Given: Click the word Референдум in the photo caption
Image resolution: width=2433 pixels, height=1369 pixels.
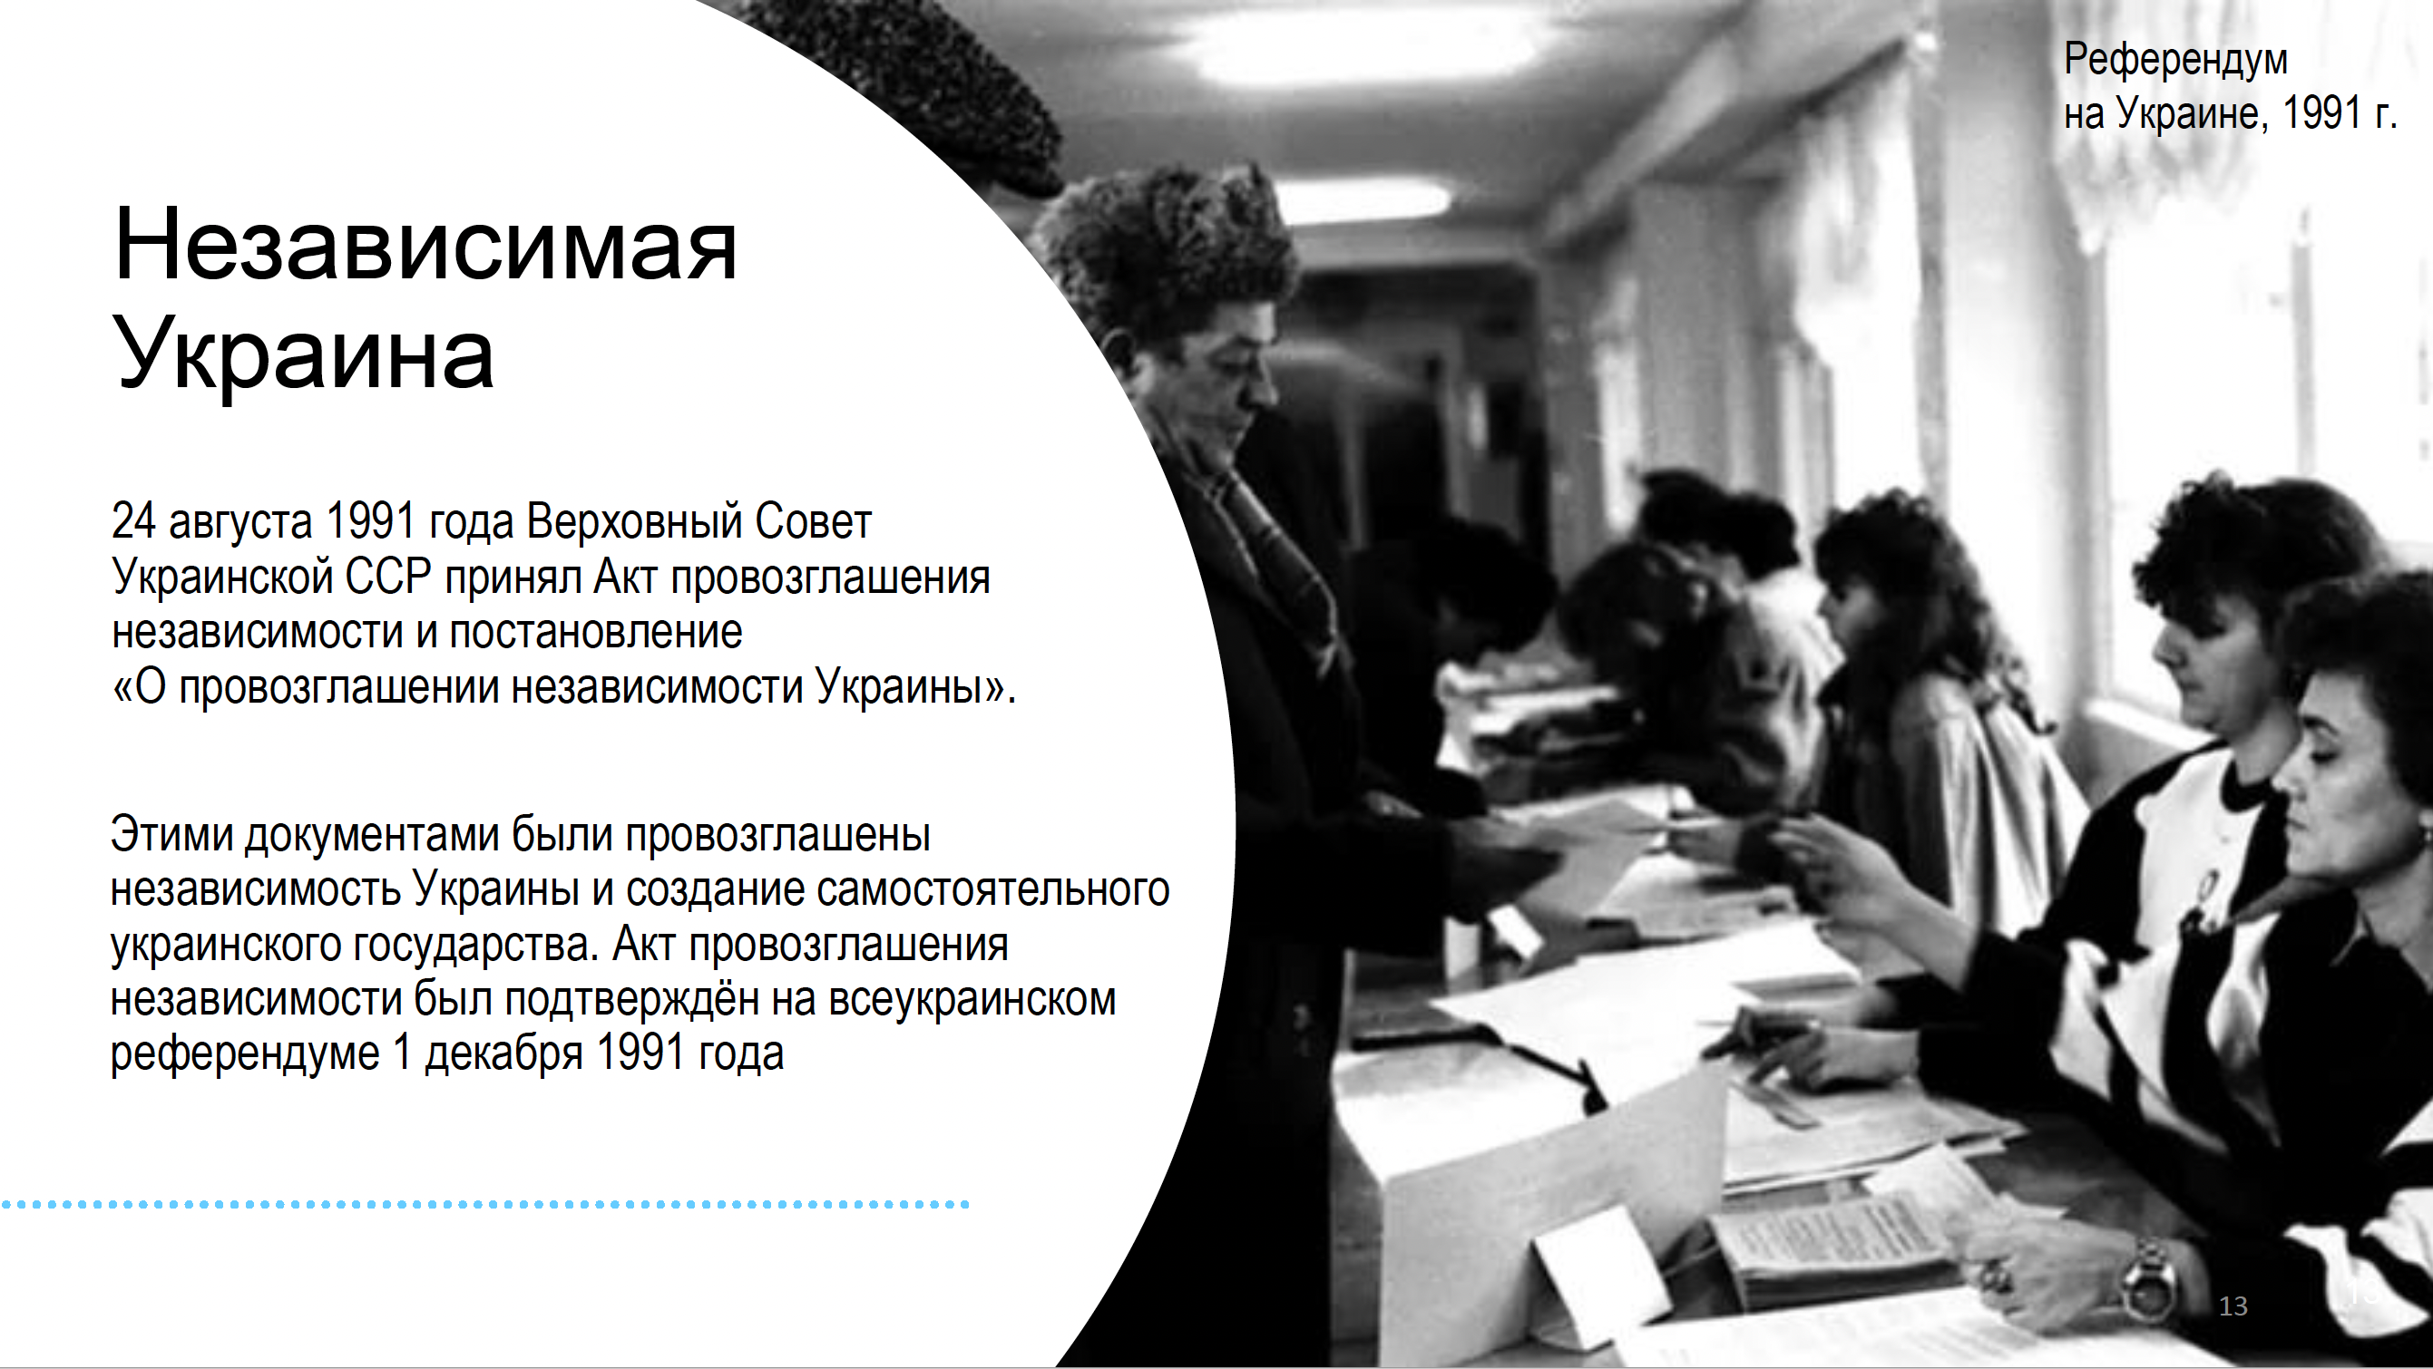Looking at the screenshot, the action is point(2175,62).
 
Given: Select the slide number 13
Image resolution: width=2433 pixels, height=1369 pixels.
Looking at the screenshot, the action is point(2233,1306).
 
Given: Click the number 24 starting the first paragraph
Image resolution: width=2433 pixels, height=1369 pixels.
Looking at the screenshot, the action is point(133,520).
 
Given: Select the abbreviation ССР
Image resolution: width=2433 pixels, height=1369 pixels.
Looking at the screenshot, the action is point(387,576).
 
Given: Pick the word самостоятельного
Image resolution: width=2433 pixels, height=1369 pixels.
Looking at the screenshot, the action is point(992,889).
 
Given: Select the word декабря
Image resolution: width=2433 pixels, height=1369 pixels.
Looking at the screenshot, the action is point(503,1054).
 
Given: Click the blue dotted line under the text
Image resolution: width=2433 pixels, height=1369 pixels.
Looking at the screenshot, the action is point(485,1204).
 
